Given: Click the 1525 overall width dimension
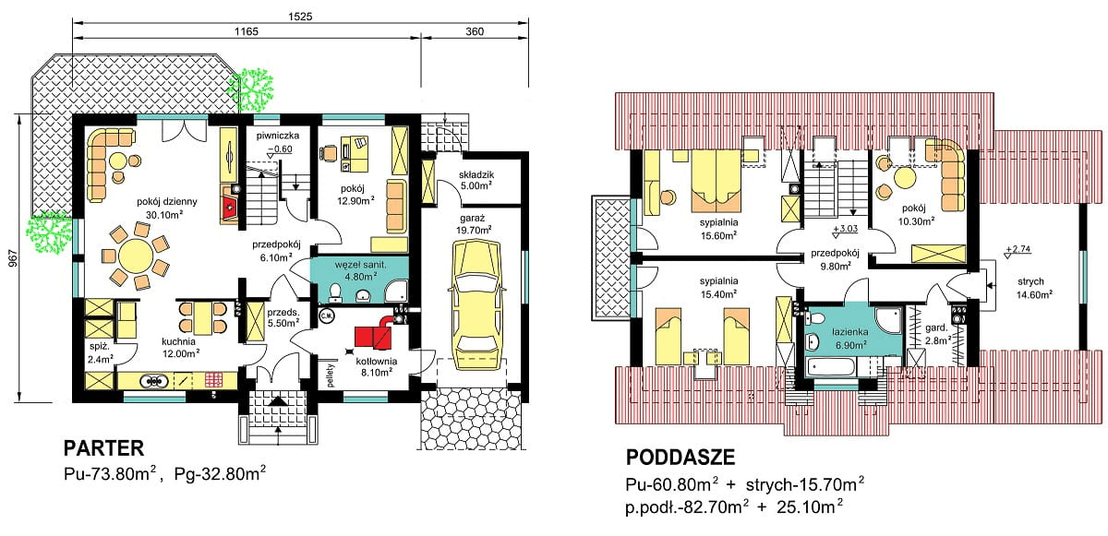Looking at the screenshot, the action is tap(300, 17).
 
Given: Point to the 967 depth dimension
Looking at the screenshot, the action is tap(13, 259).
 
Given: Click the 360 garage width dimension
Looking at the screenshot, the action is tap(475, 31).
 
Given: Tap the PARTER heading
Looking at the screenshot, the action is tap(103, 448).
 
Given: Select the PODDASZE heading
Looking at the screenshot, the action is tap(680, 458).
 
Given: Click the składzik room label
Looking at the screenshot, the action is tap(476, 174).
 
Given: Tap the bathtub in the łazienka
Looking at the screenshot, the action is tap(830, 366).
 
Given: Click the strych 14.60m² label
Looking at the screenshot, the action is tap(1034, 288).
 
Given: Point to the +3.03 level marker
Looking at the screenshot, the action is tap(845, 230).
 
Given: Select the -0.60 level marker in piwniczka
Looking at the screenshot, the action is tap(280, 149).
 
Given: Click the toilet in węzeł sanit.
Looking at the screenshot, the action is tap(335, 292).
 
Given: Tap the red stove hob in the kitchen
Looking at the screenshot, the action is tap(214, 380).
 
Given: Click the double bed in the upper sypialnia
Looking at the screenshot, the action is tap(717, 182).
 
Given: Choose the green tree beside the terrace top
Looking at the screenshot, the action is tap(251, 90).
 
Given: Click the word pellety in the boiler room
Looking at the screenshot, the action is tap(331, 375).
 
